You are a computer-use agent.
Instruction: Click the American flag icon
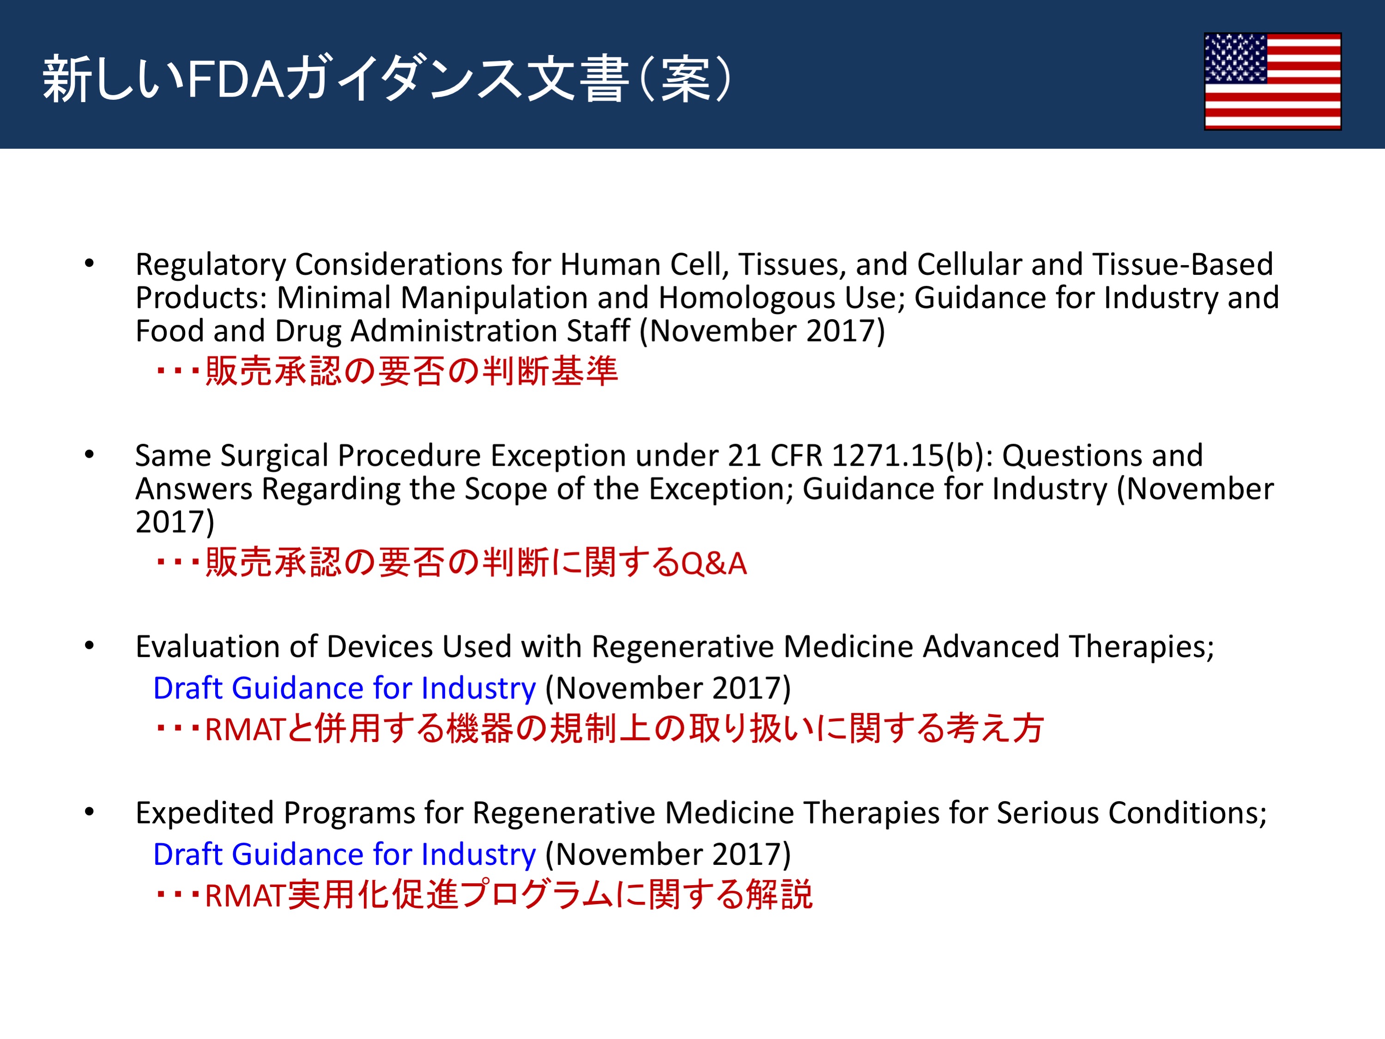click(x=1272, y=81)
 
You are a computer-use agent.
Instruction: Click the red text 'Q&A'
click(x=713, y=564)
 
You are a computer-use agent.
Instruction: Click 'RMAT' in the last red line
click(x=245, y=896)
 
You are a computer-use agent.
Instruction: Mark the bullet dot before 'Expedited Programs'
click(x=90, y=812)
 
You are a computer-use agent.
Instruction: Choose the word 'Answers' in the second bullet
click(x=194, y=489)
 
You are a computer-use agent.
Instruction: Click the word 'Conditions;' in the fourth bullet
click(x=1188, y=814)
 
